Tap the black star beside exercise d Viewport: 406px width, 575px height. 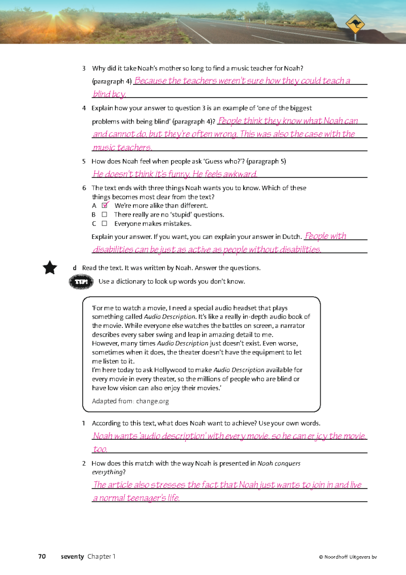(x=50, y=267)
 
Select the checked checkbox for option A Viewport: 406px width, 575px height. (x=105, y=205)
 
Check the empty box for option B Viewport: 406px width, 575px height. (x=104, y=215)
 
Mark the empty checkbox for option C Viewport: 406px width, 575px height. (x=104, y=223)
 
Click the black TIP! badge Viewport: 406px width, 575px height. (x=82, y=282)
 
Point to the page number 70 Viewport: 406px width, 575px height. (x=42, y=556)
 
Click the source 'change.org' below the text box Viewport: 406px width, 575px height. (x=152, y=401)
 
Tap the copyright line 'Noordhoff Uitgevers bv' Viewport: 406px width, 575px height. (x=350, y=557)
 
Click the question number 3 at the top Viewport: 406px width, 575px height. (x=84, y=68)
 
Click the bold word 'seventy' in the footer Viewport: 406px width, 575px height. (x=72, y=556)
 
